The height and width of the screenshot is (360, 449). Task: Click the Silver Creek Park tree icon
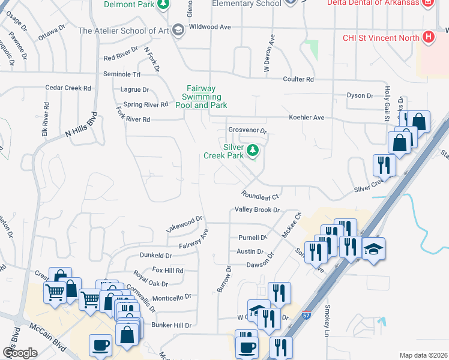coord(253,150)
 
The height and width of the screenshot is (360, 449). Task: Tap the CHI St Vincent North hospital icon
coord(428,38)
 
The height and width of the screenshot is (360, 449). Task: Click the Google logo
coord(20,353)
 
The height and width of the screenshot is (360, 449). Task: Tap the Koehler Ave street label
coord(306,118)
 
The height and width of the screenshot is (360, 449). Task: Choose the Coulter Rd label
coord(298,79)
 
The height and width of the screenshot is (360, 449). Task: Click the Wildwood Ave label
coord(209,27)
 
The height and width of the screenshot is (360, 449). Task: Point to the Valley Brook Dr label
coord(258,210)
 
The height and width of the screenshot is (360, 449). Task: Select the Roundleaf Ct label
coord(261,196)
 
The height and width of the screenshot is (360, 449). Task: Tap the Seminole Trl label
coord(122,74)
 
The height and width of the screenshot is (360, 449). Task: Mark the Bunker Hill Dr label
coord(171,325)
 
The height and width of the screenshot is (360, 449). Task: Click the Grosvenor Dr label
coord(247,131)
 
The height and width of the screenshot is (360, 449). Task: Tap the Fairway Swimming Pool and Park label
coord(201,97)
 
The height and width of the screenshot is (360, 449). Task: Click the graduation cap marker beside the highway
coord(373,248)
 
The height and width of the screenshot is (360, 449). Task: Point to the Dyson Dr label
coord(360,95)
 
